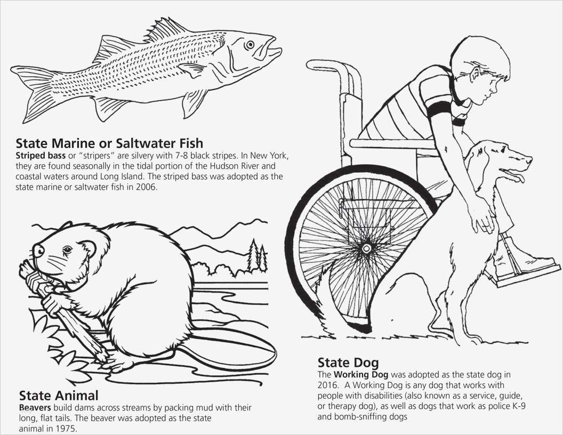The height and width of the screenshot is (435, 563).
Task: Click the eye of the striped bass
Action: coord(250,45)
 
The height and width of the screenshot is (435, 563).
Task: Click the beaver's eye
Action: coord(67,249)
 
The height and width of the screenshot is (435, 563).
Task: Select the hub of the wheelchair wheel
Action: coord(366,248)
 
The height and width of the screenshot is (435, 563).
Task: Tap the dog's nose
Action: coord(529,158)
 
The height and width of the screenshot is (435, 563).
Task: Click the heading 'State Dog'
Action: coord(348,362)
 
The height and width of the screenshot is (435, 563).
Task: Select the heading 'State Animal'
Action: coord(59,395)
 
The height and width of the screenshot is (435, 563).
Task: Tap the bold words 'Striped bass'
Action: coord(41,156)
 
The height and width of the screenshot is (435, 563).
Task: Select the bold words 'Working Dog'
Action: coord(361,375)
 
